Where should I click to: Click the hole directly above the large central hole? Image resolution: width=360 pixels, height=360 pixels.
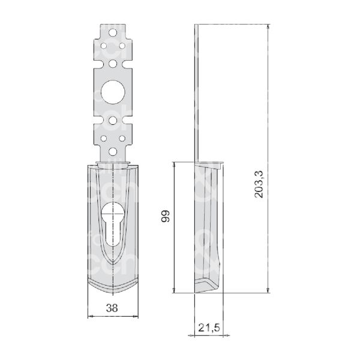point(113,62)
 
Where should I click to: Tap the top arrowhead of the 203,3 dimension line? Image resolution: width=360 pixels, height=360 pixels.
point(268,28)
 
